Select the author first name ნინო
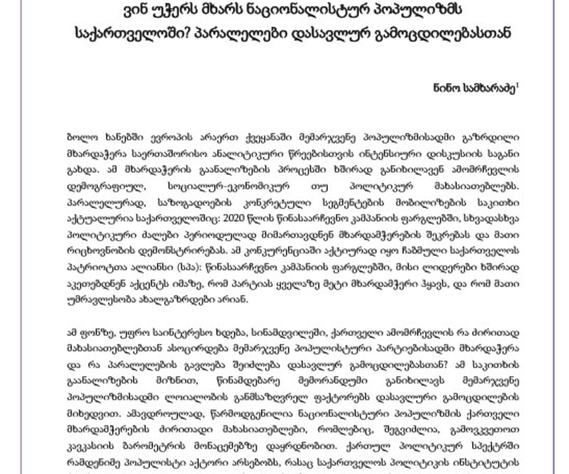coord(444,89)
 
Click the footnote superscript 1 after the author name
coord(517,86)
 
